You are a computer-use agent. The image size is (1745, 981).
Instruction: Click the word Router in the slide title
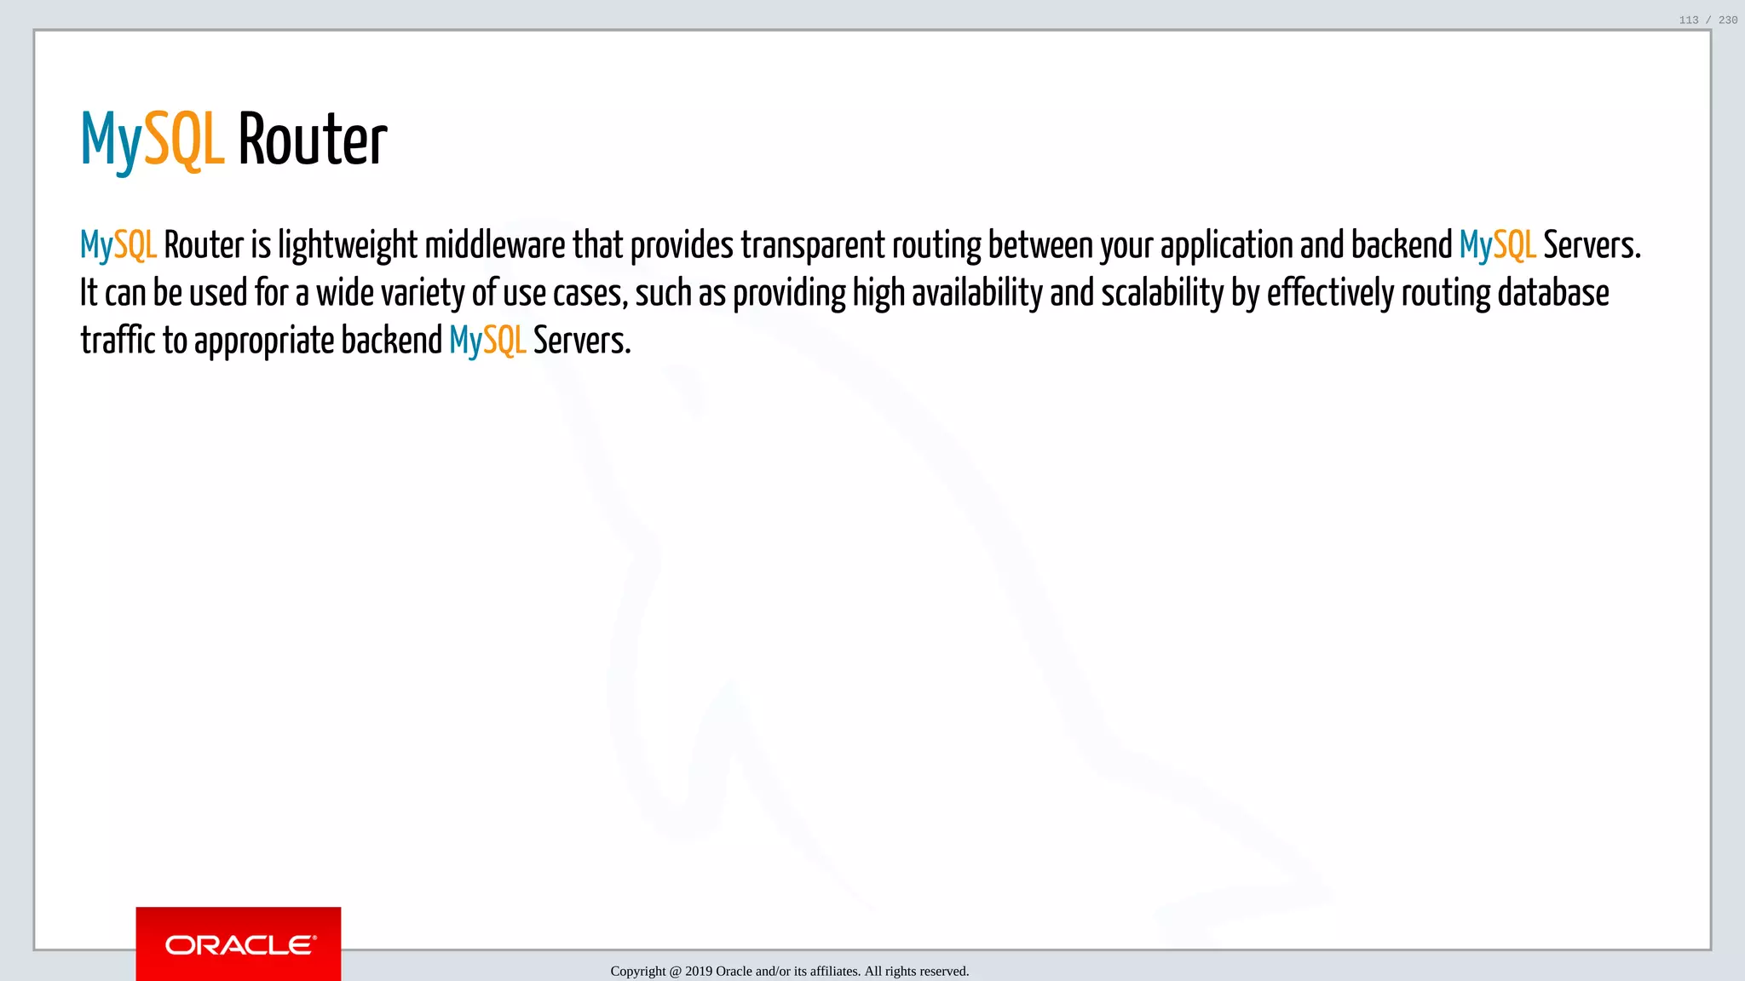click(312, 140)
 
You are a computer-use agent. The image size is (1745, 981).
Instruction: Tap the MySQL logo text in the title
click(153, 140)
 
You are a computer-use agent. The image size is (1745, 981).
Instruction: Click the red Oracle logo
click(239, 944)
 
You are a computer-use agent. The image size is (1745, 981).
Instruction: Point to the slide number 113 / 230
click(1708, 20)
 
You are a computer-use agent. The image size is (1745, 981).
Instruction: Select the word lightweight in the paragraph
click(348, 245)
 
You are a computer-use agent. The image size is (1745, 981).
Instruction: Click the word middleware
click(494, 245)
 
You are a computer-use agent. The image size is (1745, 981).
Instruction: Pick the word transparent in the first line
click(813, 245)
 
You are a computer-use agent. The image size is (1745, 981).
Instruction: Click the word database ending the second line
click(1553, 293)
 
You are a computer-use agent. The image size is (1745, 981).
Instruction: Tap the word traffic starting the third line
click(118, 341)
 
